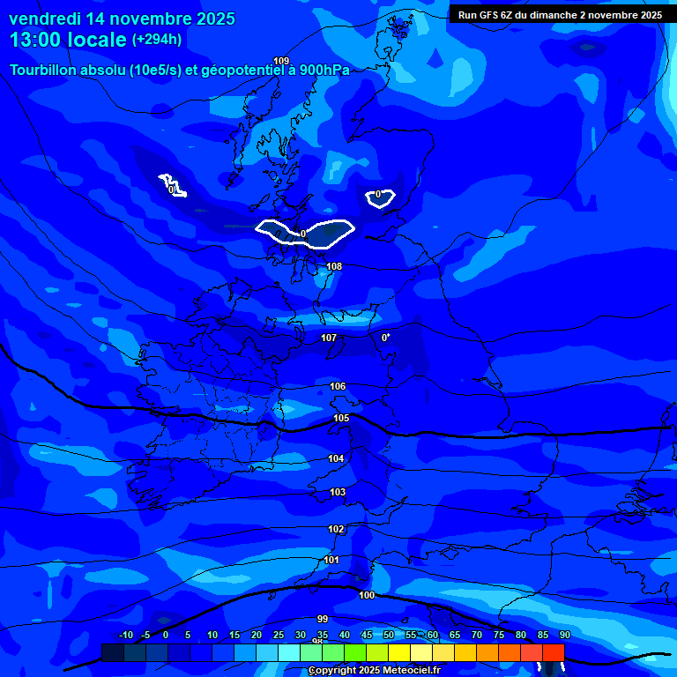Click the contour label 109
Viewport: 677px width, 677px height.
click(281, 61)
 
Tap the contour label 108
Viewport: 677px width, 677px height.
click(334, 266)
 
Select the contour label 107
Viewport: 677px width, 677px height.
click(329, 338)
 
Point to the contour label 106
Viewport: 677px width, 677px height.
click(338, 386)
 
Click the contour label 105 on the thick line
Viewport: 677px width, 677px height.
click(341, 418)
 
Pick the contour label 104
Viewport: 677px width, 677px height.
click(336, 458)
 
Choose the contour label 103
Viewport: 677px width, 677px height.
click(338, 492)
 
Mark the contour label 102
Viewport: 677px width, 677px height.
click(336, 529)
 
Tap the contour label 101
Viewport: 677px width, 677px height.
click(331, 560)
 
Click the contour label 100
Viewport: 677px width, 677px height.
click(367, 595)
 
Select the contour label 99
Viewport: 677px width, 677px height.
click(323, 619)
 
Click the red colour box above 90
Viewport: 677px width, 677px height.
click(554, 651)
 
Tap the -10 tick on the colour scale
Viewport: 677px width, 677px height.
click(126, 636)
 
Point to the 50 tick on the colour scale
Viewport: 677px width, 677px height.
click(389, 636)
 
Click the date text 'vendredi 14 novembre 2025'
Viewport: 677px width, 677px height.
click(122, 19)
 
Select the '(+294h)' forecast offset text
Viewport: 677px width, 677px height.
click(157, 40)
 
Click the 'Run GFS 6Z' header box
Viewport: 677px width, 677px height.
click(560, 15)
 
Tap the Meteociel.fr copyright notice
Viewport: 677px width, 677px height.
click(375, 671)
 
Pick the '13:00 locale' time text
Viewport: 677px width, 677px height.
click(68, 40)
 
